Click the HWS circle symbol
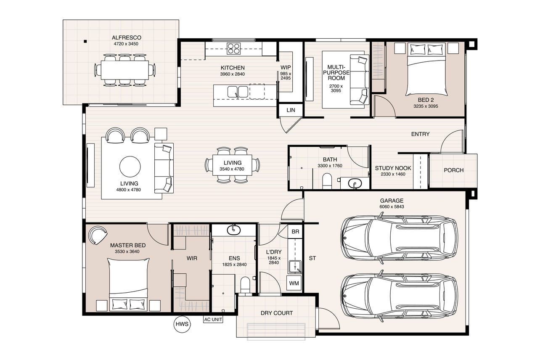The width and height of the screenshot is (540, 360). coord(182,324)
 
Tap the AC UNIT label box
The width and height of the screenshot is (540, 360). coord(213,319)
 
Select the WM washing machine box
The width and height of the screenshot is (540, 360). coord(294,283)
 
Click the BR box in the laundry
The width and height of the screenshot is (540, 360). coord(295,231)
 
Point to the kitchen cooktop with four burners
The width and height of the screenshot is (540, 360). coord(233,49)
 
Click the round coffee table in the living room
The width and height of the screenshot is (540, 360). coord(130,167)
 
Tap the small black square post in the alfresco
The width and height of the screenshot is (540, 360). coord(85,42)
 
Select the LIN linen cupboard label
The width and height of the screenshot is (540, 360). coord(291,110)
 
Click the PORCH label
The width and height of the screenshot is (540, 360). coord(454,170)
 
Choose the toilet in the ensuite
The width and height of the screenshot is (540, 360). coord(246,286)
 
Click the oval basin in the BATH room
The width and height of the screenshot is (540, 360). coord(355,183)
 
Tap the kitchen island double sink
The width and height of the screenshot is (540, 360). coord(238,92)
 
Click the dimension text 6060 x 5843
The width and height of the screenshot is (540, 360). coord(392,206)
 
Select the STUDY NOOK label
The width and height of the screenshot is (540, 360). coord(393,168)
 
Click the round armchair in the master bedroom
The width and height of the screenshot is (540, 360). coord(98,235)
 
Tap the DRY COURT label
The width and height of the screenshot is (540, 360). coord(277,313)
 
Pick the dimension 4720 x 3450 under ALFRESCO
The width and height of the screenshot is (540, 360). coord(126,44)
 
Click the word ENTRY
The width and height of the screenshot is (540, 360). coord(421,134)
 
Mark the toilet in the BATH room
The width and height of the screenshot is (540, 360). coord(327,181)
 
